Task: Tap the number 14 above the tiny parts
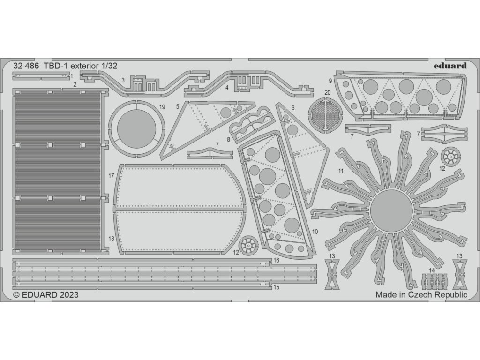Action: point(432,270)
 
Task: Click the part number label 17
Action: point(112,176)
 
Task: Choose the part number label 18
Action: point(112,239)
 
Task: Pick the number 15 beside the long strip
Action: point(276,287)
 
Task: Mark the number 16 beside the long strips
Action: point(276,260)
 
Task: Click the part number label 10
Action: point(315,232)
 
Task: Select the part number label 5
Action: point(178,106)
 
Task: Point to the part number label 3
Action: point(123,80)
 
